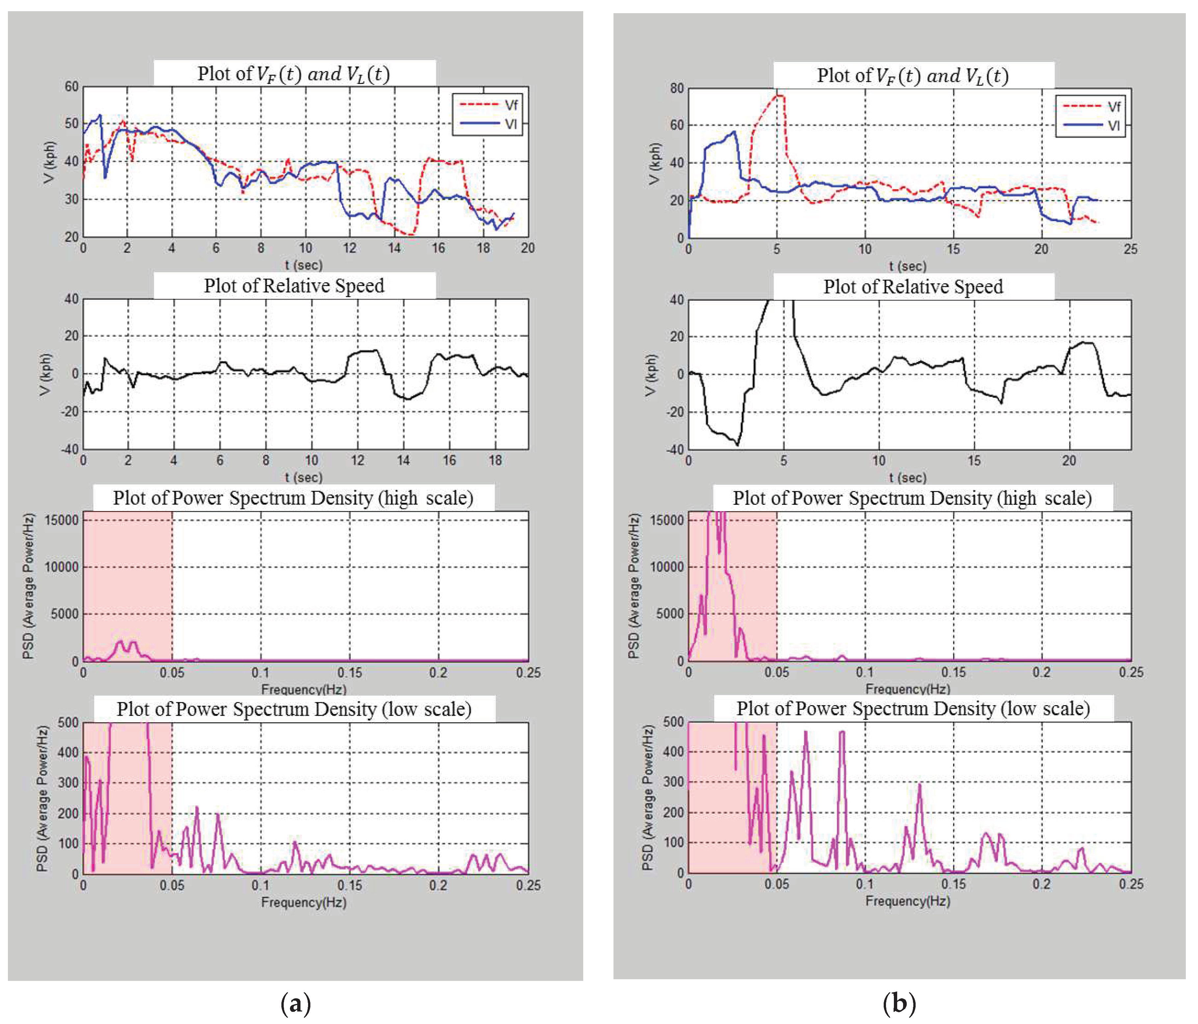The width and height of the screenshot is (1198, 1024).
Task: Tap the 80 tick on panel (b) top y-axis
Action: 676,89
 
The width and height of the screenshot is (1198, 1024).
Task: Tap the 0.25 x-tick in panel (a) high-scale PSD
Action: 528,673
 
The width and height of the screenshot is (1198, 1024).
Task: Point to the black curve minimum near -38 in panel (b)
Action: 737,444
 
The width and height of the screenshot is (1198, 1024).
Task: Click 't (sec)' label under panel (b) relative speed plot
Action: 907,477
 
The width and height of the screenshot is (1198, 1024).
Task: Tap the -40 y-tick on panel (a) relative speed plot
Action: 70,449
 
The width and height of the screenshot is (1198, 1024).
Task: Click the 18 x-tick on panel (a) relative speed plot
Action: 495,460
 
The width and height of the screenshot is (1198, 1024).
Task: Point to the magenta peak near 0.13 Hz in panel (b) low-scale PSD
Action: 919,785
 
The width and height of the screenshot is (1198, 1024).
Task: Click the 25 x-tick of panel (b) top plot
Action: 1130,249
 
